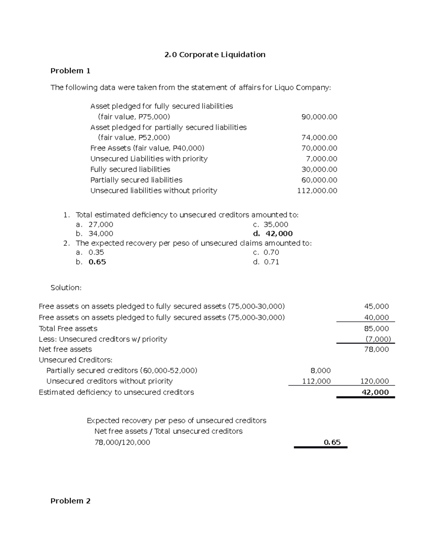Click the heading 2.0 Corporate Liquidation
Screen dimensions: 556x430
(215, 55)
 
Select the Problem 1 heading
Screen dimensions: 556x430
(70, 71)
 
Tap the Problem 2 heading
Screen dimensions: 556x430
(70, 501)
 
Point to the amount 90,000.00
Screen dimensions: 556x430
(319, 117)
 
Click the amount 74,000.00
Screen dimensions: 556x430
(319, 138)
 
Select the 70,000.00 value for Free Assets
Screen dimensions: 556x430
(319, 148)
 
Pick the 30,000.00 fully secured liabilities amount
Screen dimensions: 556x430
(319, 169)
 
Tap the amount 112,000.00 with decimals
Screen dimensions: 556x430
(317, 191)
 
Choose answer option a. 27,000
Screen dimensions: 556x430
(95, 224)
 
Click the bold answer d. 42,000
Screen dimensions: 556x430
(273, 234)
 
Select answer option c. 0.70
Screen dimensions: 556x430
(266, 252)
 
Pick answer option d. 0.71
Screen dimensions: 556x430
(266, 262)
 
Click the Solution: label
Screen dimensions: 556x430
(66, 288)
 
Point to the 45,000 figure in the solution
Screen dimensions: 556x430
(376, 306)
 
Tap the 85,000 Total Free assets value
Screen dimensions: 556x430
(376, 329)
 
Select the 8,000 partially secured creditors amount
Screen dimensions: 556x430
(320, 371)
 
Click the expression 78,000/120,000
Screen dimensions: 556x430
(122, 443)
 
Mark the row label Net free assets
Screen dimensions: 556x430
(65, 349)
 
